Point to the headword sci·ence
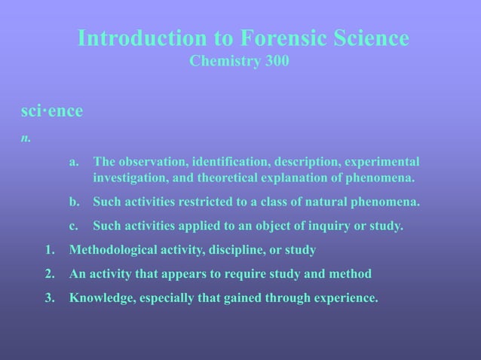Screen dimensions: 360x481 click(x=51, y=111)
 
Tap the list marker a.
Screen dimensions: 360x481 click(x=73, y=162)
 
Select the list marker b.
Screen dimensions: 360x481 click(x=73, y=202)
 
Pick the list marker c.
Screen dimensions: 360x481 click(x=73, y=226)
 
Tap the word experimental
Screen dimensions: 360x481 click(x=382, y=162)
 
